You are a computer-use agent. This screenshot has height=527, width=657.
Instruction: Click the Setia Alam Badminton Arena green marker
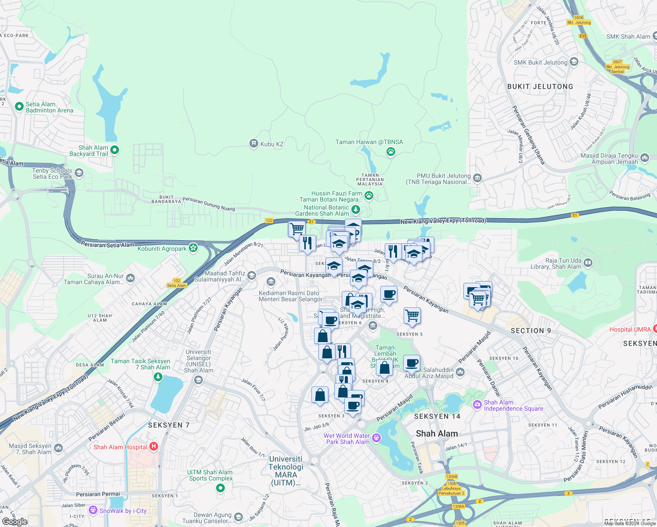pos(19,106)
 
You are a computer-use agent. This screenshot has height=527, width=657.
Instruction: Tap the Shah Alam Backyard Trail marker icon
pos(115,150)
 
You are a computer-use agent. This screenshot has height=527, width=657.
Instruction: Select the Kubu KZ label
pos(272,144)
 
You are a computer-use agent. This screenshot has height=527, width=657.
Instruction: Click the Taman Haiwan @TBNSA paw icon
pos(390,152)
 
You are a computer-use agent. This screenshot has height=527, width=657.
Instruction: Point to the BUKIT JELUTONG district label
pos(540,87)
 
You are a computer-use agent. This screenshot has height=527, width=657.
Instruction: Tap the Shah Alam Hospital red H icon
pos(154,447)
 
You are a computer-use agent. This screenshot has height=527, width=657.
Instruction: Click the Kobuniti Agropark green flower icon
pos(193,248)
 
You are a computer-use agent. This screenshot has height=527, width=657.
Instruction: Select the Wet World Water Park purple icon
pos(376,438)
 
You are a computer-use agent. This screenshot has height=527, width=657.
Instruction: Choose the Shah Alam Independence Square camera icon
pos(477,404)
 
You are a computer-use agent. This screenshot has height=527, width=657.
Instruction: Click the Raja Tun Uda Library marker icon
pos(588,263)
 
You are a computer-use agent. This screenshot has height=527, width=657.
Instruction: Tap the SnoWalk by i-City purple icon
pos(93,510)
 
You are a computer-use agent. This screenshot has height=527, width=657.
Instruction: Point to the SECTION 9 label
pos(531,331)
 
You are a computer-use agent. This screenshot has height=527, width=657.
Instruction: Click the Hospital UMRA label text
pos(630,329)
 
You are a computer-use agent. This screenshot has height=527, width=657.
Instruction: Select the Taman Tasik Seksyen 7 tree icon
pos(158,377)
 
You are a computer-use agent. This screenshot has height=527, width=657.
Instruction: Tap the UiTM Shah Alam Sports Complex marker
pos(220,488)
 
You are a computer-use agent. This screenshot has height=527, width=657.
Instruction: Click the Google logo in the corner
pos(14,521)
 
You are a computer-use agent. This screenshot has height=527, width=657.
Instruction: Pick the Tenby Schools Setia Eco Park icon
pos(79,173)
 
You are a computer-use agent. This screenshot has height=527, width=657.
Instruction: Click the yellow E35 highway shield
pos(583,36)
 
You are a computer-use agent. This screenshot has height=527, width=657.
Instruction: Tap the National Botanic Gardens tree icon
pos(355,210)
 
